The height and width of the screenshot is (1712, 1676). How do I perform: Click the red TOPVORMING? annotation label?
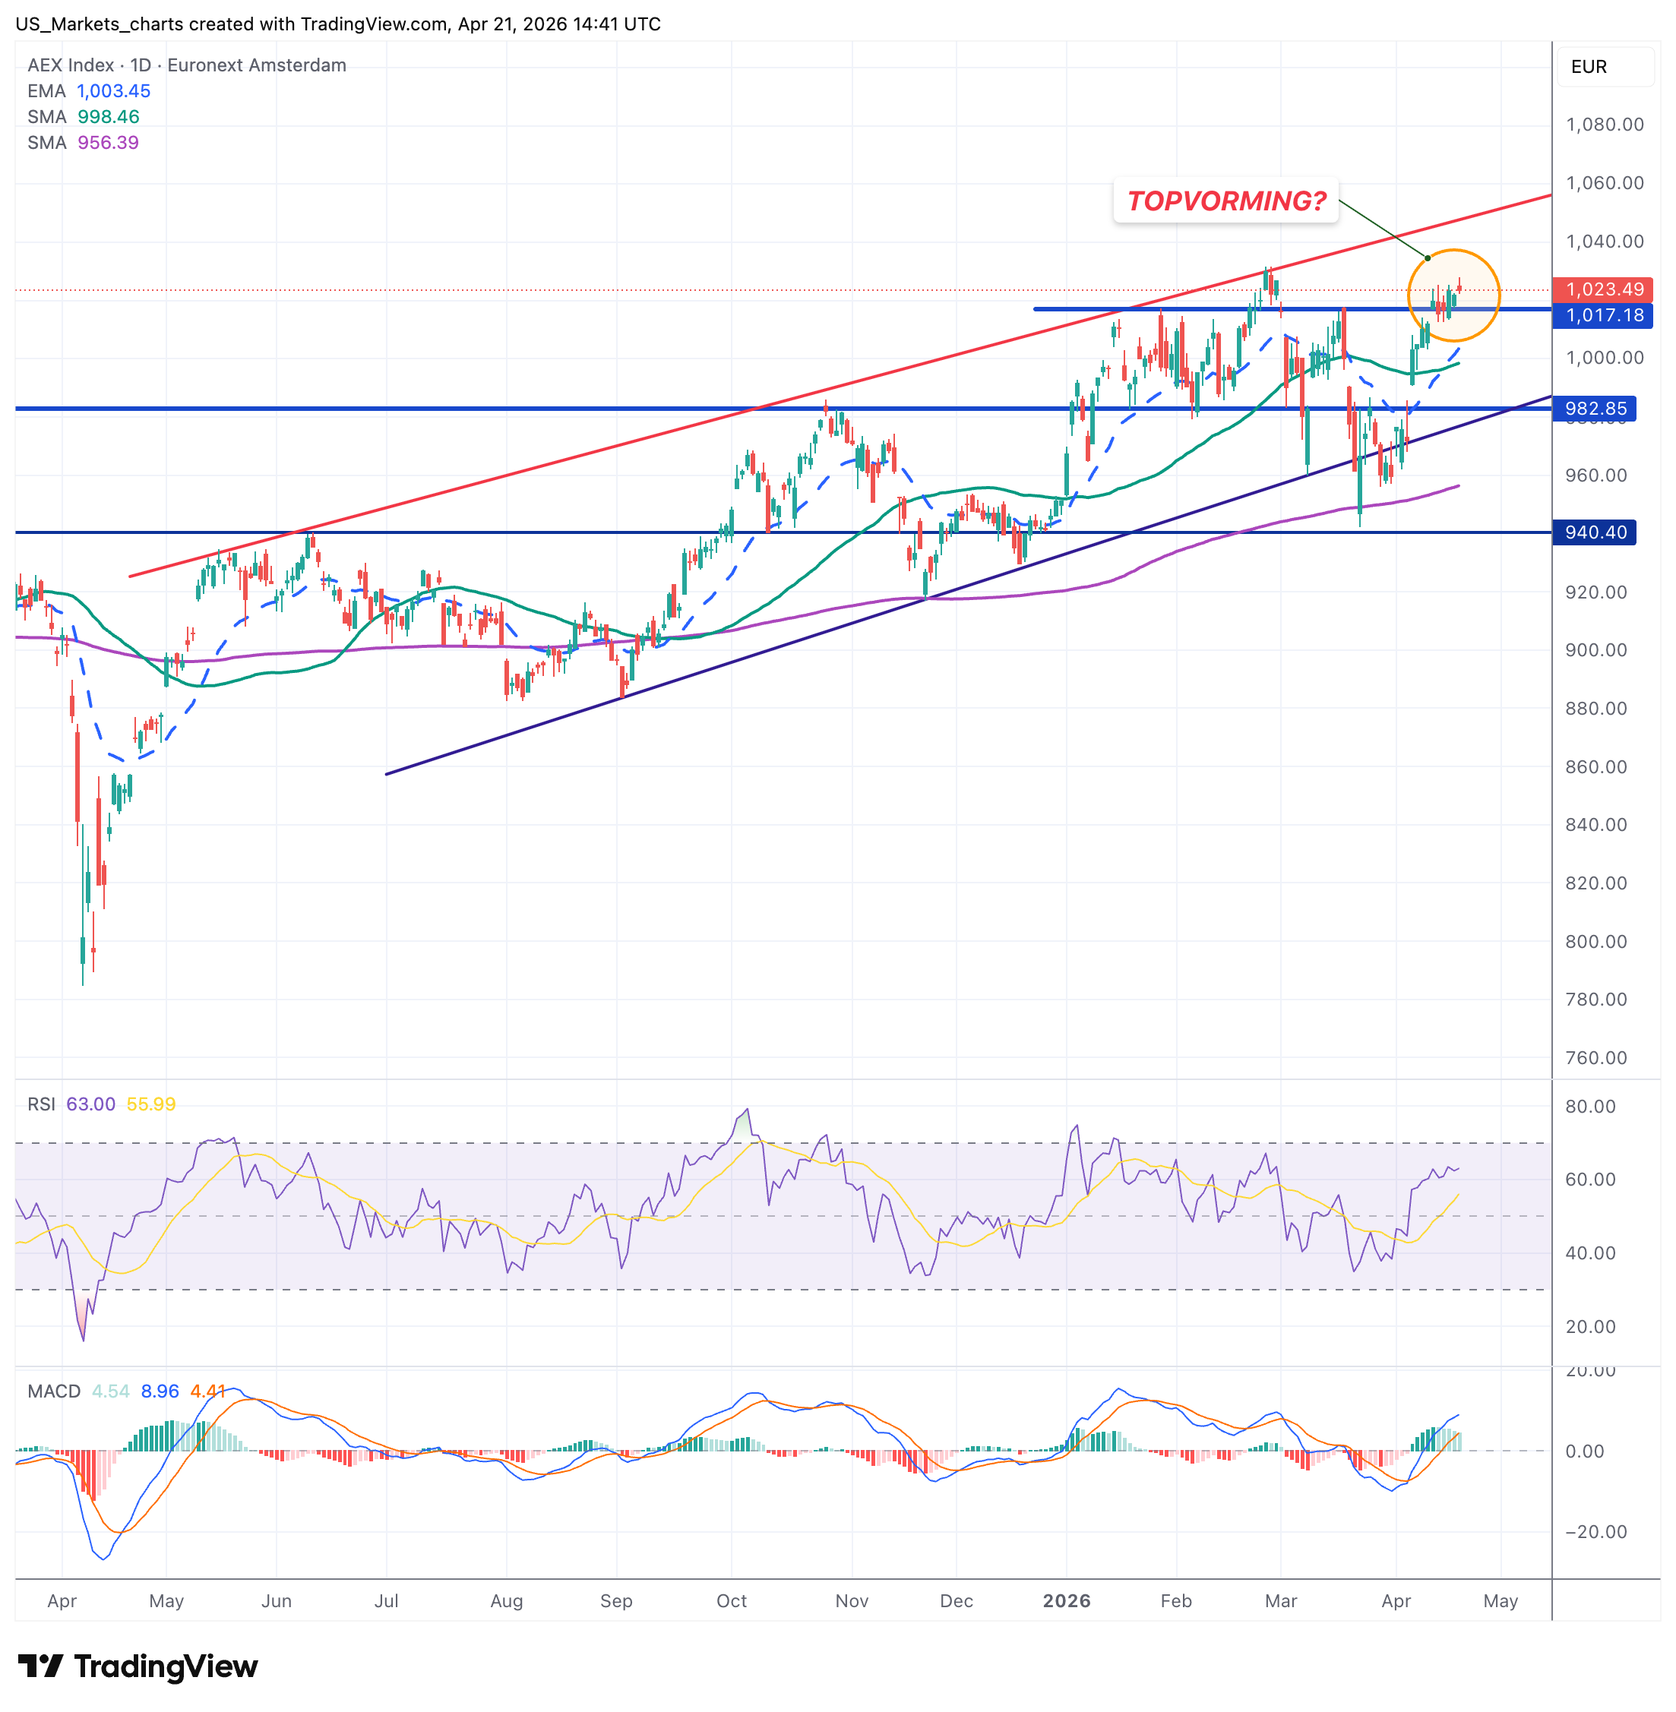coord(1225,201)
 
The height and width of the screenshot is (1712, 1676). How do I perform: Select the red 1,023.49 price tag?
coord(1603,289)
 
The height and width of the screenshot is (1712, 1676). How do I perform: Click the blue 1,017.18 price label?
coord(1603,315)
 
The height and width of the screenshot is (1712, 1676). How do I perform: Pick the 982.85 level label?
coord(1594,409)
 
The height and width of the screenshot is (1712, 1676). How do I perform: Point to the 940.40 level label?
coord(1594,532)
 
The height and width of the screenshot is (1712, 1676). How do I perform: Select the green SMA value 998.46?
coord(109,117)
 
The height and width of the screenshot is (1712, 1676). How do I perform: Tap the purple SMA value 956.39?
coord(109,143)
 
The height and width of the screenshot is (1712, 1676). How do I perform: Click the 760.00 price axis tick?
coord(1595,1058)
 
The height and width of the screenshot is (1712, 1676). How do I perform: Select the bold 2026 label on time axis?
coord(1066,1601)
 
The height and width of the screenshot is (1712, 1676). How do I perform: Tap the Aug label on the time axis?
coord(506,1601)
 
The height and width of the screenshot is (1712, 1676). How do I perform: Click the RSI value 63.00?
coord(90,1104)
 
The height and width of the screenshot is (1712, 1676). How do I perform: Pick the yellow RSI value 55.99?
coord(150,1104)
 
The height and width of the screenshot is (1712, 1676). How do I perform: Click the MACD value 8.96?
coord(160,1391)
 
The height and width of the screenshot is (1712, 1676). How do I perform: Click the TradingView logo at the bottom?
coord(138,1666)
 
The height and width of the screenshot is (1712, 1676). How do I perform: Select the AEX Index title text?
coord(71,66)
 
